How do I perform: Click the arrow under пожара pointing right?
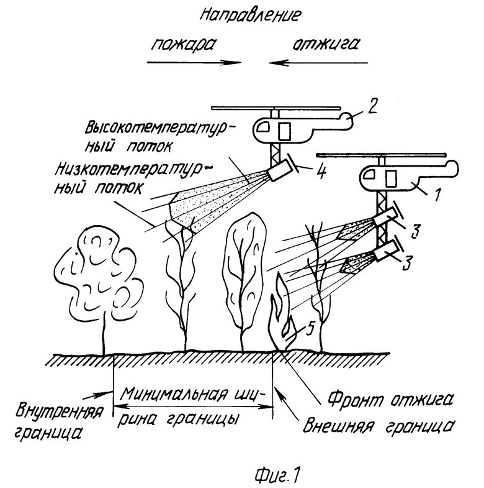point(194,62)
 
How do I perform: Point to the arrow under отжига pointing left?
point(318,62)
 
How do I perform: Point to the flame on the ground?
point(283,314)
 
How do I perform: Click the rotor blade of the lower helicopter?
point(381,154)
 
